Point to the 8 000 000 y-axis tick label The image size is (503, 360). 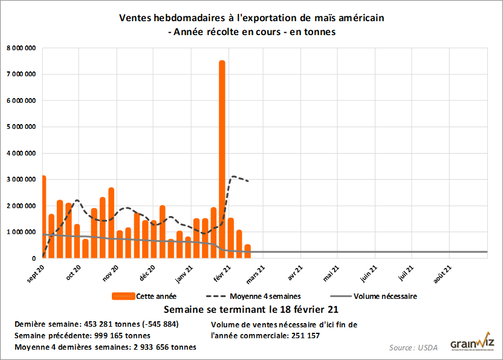tap(20, 48)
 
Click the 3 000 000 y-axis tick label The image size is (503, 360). tap(20, 180)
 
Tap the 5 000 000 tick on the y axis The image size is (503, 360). tap(20, 127)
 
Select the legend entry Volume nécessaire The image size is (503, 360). tap(385, 296)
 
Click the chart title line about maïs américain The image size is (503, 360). tap(251, 18)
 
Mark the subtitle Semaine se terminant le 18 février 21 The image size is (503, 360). tap(251, 310)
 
